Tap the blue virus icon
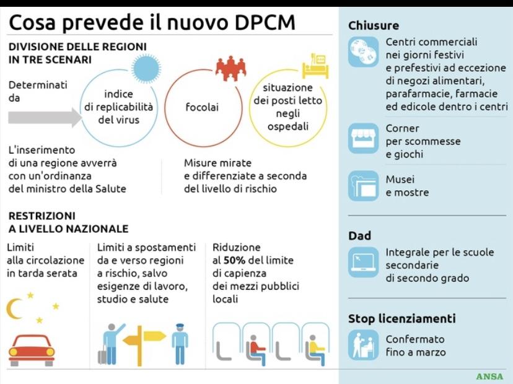(146, 69)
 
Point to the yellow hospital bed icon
(315, 66)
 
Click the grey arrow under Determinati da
(45, 118)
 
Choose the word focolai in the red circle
(202, 107)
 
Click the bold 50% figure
(234, 260)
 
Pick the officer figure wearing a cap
(180, 344)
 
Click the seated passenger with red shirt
(255, 349)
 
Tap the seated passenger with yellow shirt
(315, 349)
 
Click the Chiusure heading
(374, 25)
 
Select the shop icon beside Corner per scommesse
(363, 138)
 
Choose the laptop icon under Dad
(363, 263)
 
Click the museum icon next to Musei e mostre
(363, 185)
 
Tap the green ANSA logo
(490, 377)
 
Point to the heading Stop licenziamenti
(401, 318)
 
